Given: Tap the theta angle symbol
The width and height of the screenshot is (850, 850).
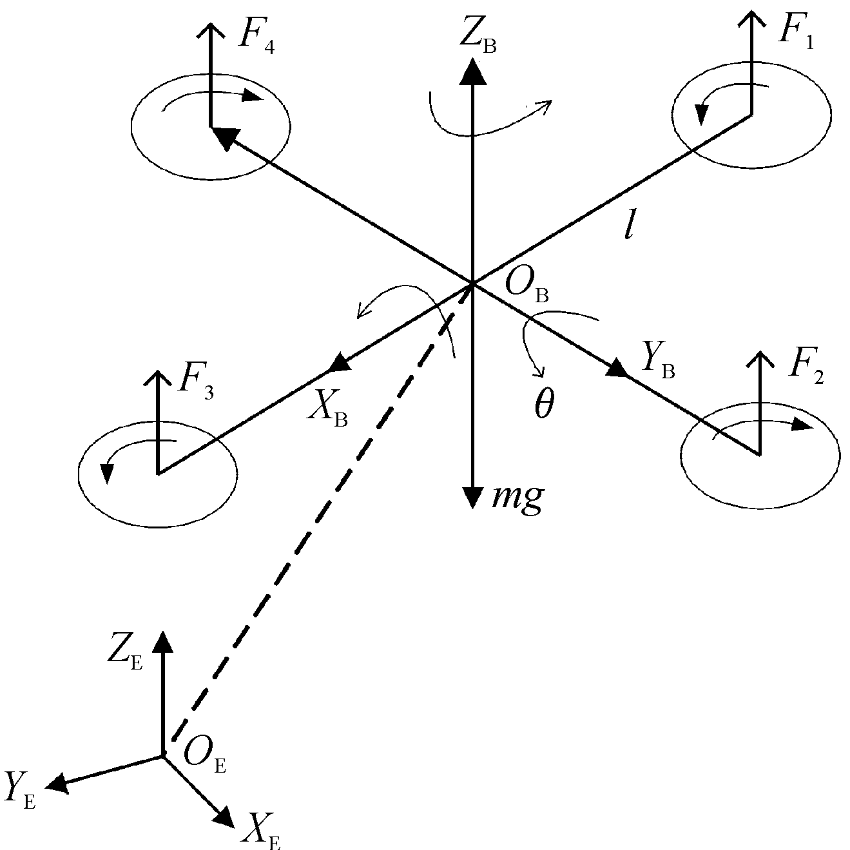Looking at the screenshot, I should pos(543,405).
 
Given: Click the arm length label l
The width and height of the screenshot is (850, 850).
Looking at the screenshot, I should pos(628,227).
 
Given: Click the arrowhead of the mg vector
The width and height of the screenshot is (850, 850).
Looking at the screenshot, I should pos(474,497).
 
